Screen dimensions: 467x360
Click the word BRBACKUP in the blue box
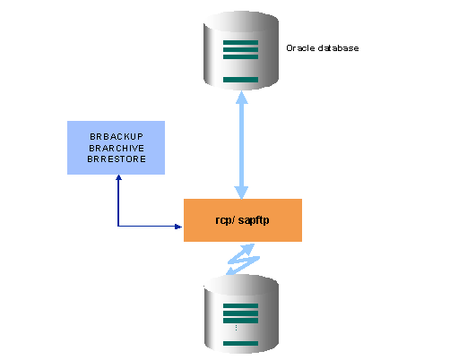[x=117, y=137]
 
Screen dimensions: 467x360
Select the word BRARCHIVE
[x=117, y=148]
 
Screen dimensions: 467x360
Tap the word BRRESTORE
[x=117, y=159]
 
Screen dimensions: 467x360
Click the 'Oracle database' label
[x=323, y=48]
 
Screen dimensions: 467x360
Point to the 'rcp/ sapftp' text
[x=242, y=220]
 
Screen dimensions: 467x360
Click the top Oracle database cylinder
[x=241, y=51]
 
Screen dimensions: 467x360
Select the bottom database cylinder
[x=241, y=314]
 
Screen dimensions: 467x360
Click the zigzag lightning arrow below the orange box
[x=242, y=259]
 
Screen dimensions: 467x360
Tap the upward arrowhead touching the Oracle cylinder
[x=242, y=98]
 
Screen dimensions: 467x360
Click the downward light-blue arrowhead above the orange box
[x=241, y=193]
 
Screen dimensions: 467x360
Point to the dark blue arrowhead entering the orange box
[x=178, y=227]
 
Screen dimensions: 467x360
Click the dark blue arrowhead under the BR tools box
[x=118, y=177]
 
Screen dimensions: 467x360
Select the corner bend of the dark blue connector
[x=118, y=227]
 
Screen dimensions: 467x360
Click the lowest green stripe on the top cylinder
[x=240, y=80]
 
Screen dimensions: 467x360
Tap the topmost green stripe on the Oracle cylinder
[x=240, y=42]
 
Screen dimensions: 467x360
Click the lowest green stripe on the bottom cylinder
[x=240, y=343]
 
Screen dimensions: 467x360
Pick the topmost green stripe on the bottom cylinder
[x=240, y=305]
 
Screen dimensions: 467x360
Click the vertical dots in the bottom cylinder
[x=236, y=328]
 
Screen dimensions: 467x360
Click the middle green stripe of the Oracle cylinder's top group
[x=240, y=49]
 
